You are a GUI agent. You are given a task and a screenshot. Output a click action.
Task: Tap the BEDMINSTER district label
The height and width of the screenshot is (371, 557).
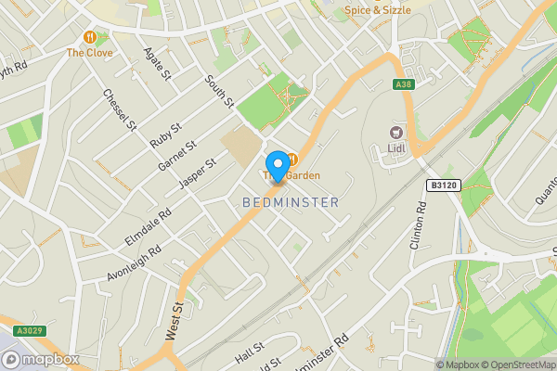(x=291, y=201)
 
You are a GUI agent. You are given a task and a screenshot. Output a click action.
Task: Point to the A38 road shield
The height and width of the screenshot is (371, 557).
(x=402, y=85)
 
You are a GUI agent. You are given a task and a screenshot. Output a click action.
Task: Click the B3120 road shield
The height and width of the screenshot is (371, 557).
(x=444, y=185)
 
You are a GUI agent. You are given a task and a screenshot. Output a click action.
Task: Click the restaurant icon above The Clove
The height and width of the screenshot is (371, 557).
(x=90, y=37)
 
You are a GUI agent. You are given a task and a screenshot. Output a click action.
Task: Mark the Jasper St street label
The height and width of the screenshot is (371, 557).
(x=197, y=174)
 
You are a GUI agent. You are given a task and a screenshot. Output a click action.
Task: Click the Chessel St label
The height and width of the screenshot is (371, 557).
(x=120, y=109)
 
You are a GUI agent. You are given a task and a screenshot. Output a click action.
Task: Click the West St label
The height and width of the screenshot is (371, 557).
(x=174, y=313)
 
